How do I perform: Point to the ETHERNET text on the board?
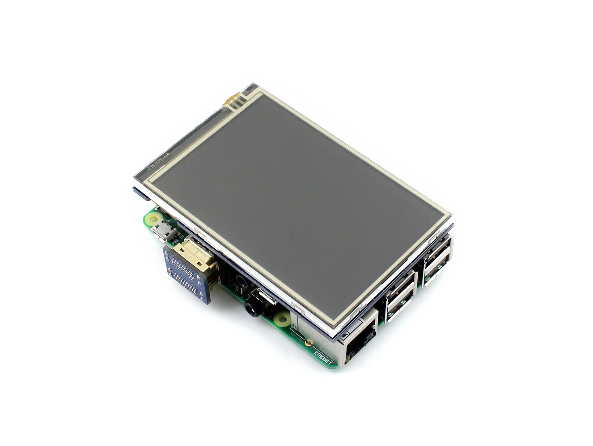tap(323, 358)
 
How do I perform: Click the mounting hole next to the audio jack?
tap(282, 318)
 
